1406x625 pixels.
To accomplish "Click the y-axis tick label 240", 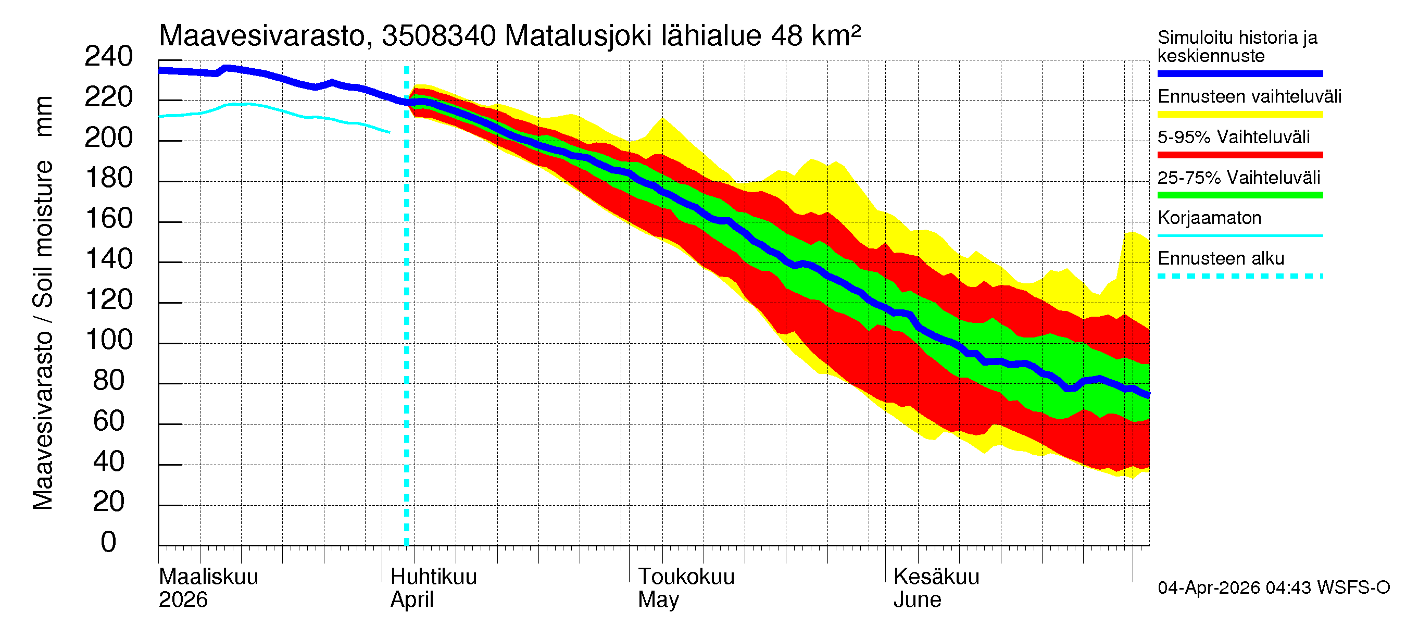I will [x=108, y=57].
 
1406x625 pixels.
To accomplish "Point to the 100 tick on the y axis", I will [x=109, y=340].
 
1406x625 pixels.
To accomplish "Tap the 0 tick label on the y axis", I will [x=108, y=543].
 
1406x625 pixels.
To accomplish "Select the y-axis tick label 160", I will [x=109, y=219].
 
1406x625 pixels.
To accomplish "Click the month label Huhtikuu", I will [x=433, y=577].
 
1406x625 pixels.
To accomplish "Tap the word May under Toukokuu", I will [x=658, y=600].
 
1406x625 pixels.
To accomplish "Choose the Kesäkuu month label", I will [x=936, y=577].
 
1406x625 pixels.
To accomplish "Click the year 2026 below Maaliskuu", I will [x=183, y=600].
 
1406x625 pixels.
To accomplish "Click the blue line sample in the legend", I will [x=1239, y=73].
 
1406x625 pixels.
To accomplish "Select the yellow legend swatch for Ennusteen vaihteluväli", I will [x=1239, y=115].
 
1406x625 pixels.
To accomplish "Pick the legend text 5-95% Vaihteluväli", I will [x=1233, y=137].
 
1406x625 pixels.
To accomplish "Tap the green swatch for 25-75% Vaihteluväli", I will [x=1239, y=195].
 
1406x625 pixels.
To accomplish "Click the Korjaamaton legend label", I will [x=1209, y=218].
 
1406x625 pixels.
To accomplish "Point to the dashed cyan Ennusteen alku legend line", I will [x=1239, y=276].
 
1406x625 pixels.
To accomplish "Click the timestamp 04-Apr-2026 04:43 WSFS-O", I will [x=1273, y=588].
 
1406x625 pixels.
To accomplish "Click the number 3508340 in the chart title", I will [x=438, y=36].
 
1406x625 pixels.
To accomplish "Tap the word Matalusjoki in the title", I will [x=578, y=36].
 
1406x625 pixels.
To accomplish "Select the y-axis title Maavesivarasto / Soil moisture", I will [x=43, y=303].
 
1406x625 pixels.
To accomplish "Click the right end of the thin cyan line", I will [x=389, y=132].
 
